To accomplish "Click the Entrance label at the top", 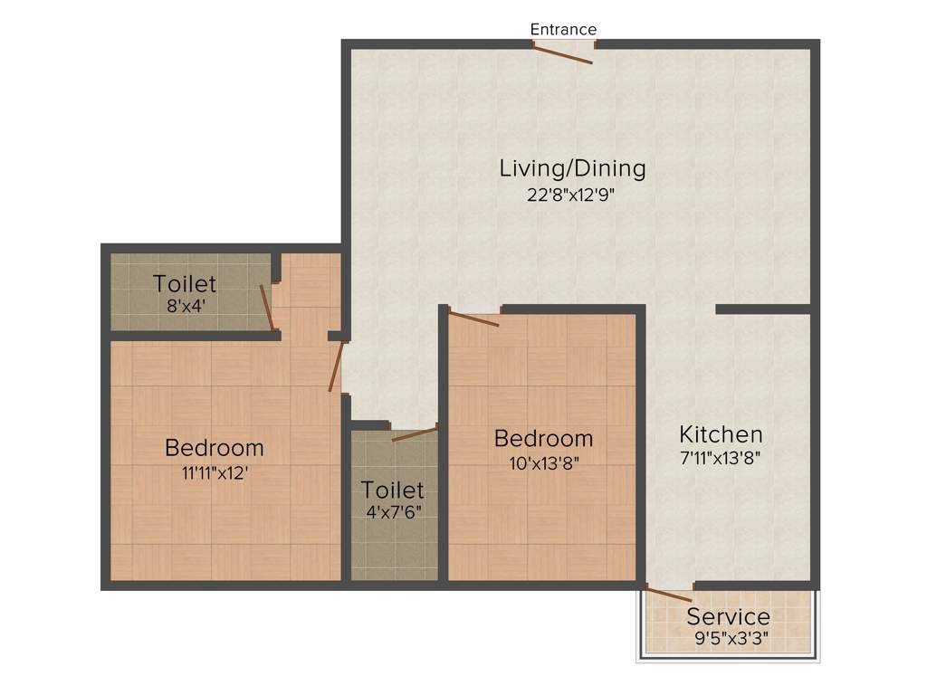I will [563, 30].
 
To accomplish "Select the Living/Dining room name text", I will [572, 168].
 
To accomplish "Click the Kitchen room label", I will [721, 433].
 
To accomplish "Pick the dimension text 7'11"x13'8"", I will [721, 458].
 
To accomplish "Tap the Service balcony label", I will [728, 617].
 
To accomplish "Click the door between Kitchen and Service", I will [669, 595].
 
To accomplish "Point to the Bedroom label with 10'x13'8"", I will [543, 439].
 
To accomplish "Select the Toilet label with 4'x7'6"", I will [392, 490].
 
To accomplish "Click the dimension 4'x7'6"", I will [393, 512].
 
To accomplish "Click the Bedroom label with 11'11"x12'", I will [215, 447].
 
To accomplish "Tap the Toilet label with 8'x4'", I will [185, 283].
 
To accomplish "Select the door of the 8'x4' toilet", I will [267, 308].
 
